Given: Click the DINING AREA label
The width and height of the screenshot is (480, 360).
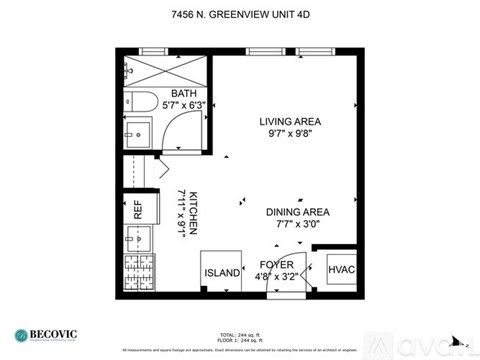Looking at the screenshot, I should pos(297,212).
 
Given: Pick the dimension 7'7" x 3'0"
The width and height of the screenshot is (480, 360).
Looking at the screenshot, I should pos(297,225).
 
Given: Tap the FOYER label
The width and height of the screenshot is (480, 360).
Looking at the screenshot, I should pos(276,265).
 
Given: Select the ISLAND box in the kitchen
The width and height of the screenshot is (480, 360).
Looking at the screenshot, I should pos(221,273).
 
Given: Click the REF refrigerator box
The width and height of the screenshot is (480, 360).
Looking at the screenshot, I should pos(139,210).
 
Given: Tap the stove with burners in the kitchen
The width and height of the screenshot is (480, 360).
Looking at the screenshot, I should pos(139,273).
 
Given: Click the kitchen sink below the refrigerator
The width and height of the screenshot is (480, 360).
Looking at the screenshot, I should pos(139,240).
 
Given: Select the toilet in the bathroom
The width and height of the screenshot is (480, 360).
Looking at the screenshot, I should pos(139,101).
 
